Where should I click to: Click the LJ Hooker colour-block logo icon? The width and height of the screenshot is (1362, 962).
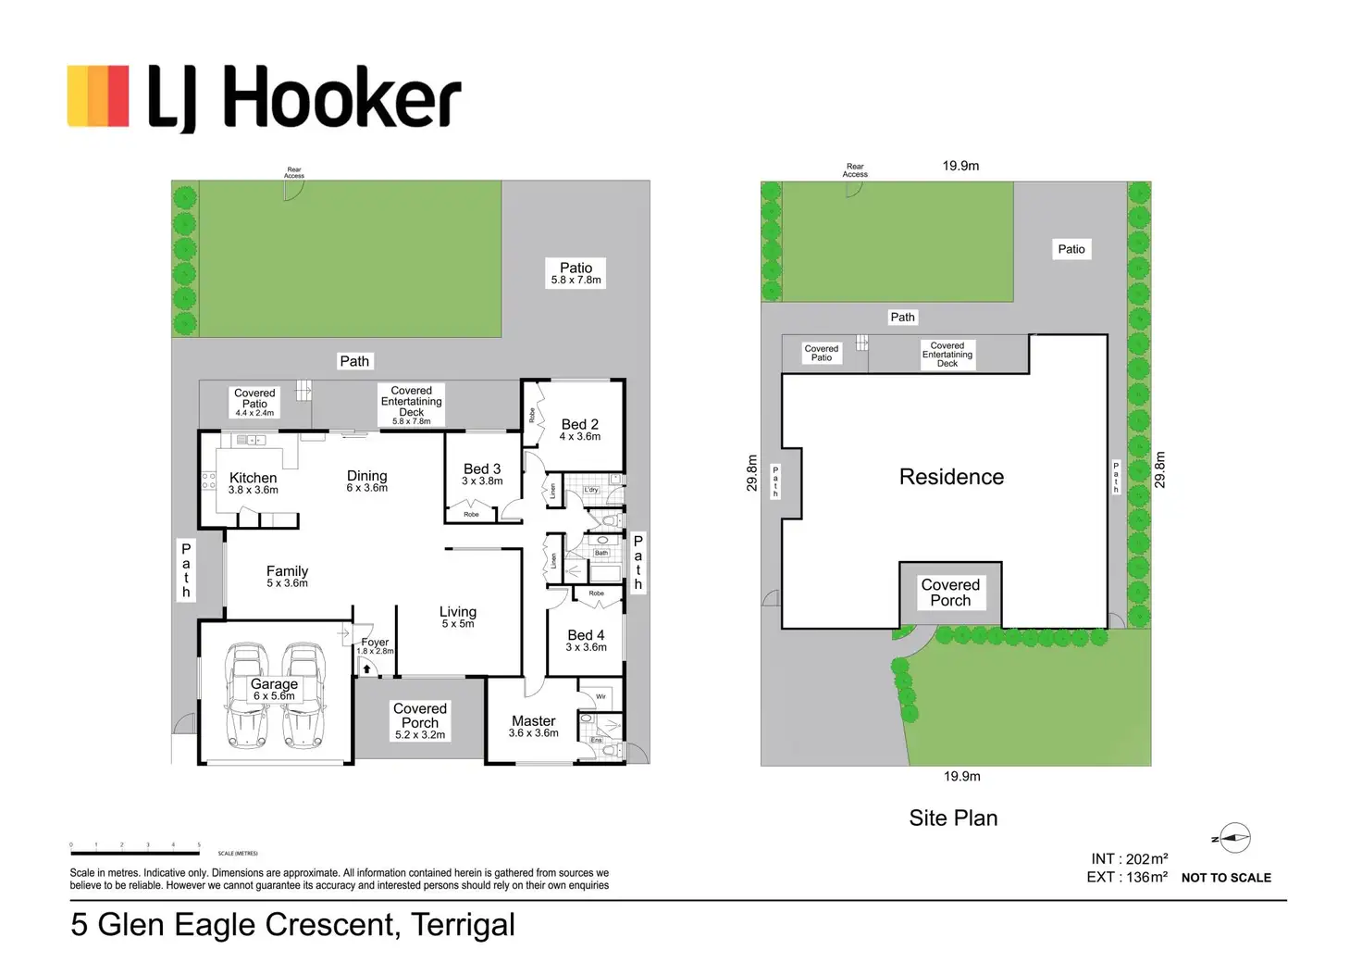(x=98, y=95)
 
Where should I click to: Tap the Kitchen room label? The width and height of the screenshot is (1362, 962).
(x=253, y=482)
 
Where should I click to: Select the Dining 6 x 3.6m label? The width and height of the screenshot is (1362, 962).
(x=366, y=481)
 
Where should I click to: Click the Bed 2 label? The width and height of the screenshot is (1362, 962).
(x=579, y=430)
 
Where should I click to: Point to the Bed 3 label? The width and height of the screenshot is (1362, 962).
(x=482, y=474)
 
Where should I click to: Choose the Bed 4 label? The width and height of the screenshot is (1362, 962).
(x=586, y=640)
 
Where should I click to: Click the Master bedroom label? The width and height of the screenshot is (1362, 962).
(x=534, y=726)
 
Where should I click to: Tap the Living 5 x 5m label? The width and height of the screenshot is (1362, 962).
(x=458, y=617)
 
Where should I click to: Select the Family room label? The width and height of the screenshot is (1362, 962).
(x=287, y=576)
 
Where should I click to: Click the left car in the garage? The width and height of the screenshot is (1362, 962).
(x=246, y=696)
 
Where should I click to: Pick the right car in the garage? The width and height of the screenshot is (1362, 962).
(x=303, y=696)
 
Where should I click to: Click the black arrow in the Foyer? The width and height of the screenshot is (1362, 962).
(x=366, y=668)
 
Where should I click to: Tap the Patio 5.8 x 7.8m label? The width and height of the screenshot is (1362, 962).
(x=576, y=272)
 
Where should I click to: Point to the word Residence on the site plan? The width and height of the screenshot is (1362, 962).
(x=951, y=477)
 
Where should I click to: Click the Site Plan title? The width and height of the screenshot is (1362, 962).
(x=953, y=818)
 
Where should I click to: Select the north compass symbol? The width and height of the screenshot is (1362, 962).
(x=1234, y=838)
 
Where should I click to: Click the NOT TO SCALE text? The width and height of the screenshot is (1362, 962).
(x=1226, y=878)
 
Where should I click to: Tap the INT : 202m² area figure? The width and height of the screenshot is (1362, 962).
(x=1129, y=859)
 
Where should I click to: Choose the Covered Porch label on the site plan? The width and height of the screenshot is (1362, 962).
(x=950, y=593)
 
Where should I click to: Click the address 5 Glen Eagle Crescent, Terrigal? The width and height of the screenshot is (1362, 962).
(x=292, y=925)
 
